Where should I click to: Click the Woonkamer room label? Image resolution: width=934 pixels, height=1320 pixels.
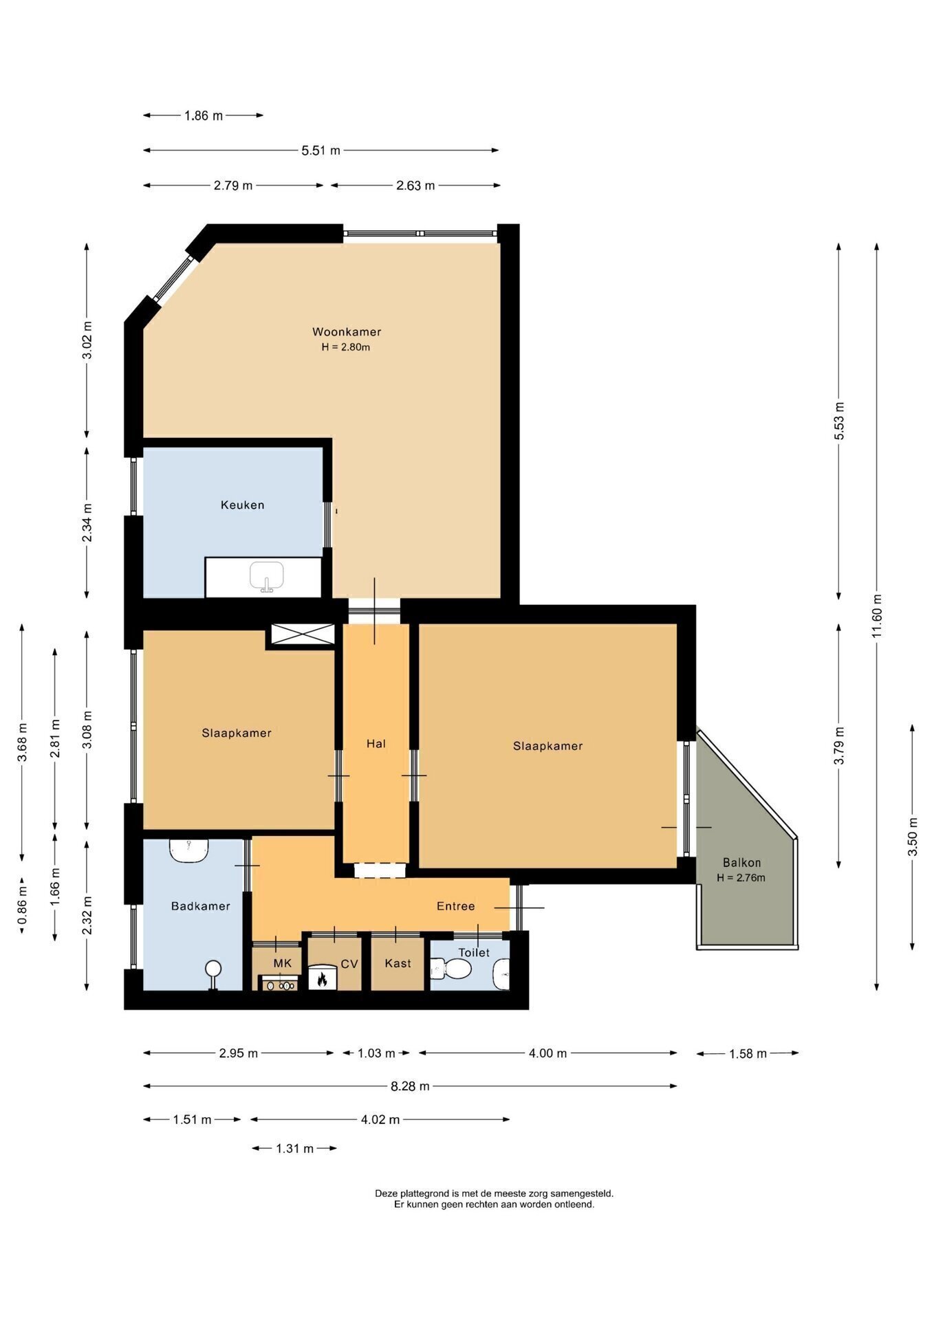[347, 331]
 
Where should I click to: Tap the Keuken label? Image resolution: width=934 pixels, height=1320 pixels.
[242, 505]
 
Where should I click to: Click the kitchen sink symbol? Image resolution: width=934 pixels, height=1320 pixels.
[267, 576]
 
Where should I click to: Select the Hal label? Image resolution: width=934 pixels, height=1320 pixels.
[376, 743]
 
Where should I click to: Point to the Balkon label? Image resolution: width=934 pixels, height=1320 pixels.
[741, 862]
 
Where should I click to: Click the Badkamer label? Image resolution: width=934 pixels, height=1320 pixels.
[200, 905]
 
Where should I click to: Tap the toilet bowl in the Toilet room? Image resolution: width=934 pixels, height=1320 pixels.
[452, 969]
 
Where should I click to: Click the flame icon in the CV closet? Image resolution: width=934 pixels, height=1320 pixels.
[321, 979]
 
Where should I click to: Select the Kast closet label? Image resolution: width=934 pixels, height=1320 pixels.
[398, 963]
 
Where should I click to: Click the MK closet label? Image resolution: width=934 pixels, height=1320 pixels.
[283, 963]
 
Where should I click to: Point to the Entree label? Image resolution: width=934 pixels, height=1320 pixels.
[455, 906]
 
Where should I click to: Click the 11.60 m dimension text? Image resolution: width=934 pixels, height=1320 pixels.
[876, 615]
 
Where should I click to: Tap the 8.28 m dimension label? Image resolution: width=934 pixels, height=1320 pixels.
[410, 1086]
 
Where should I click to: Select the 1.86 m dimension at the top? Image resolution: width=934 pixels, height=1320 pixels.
[204, 115]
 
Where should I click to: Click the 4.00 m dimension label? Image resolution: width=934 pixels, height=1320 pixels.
[547, 1053]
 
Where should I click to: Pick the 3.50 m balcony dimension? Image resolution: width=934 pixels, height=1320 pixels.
[913, 836]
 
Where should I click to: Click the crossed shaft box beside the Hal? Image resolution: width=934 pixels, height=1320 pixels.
[303, 634]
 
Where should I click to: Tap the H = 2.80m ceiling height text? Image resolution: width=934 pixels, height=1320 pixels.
[346, 347]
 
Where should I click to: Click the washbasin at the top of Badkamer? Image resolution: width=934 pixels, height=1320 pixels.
[189, 850]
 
